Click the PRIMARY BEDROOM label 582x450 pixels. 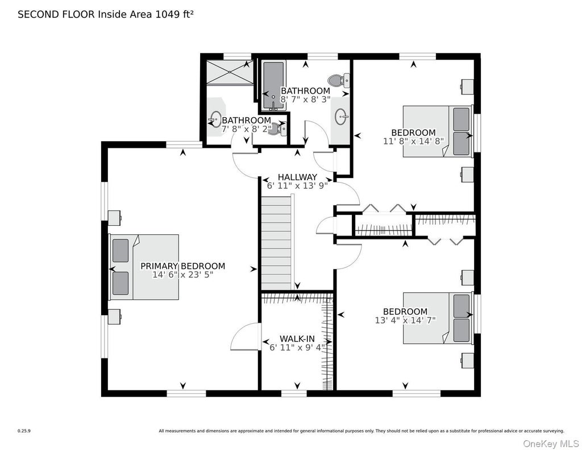point(182,266)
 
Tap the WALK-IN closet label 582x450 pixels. point(297,338)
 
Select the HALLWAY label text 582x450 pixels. point(297,177)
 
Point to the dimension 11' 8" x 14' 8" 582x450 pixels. point(413,141)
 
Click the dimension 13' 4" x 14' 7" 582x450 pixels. point(405,320)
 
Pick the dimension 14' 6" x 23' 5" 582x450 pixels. point(182,275)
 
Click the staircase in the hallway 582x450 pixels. point(277,243)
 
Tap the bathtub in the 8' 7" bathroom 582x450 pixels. point(274,86)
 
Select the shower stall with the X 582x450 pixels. point(230,72)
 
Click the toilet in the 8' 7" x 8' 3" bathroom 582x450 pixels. point(339,80)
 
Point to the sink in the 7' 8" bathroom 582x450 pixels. point(215,119)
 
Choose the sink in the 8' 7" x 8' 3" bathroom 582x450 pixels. point(342,117)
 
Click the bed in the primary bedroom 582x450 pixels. point(144,267)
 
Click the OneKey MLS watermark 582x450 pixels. point(551,443)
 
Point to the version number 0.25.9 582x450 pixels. point(24,431)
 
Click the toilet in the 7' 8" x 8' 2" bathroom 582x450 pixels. point(278,128)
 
